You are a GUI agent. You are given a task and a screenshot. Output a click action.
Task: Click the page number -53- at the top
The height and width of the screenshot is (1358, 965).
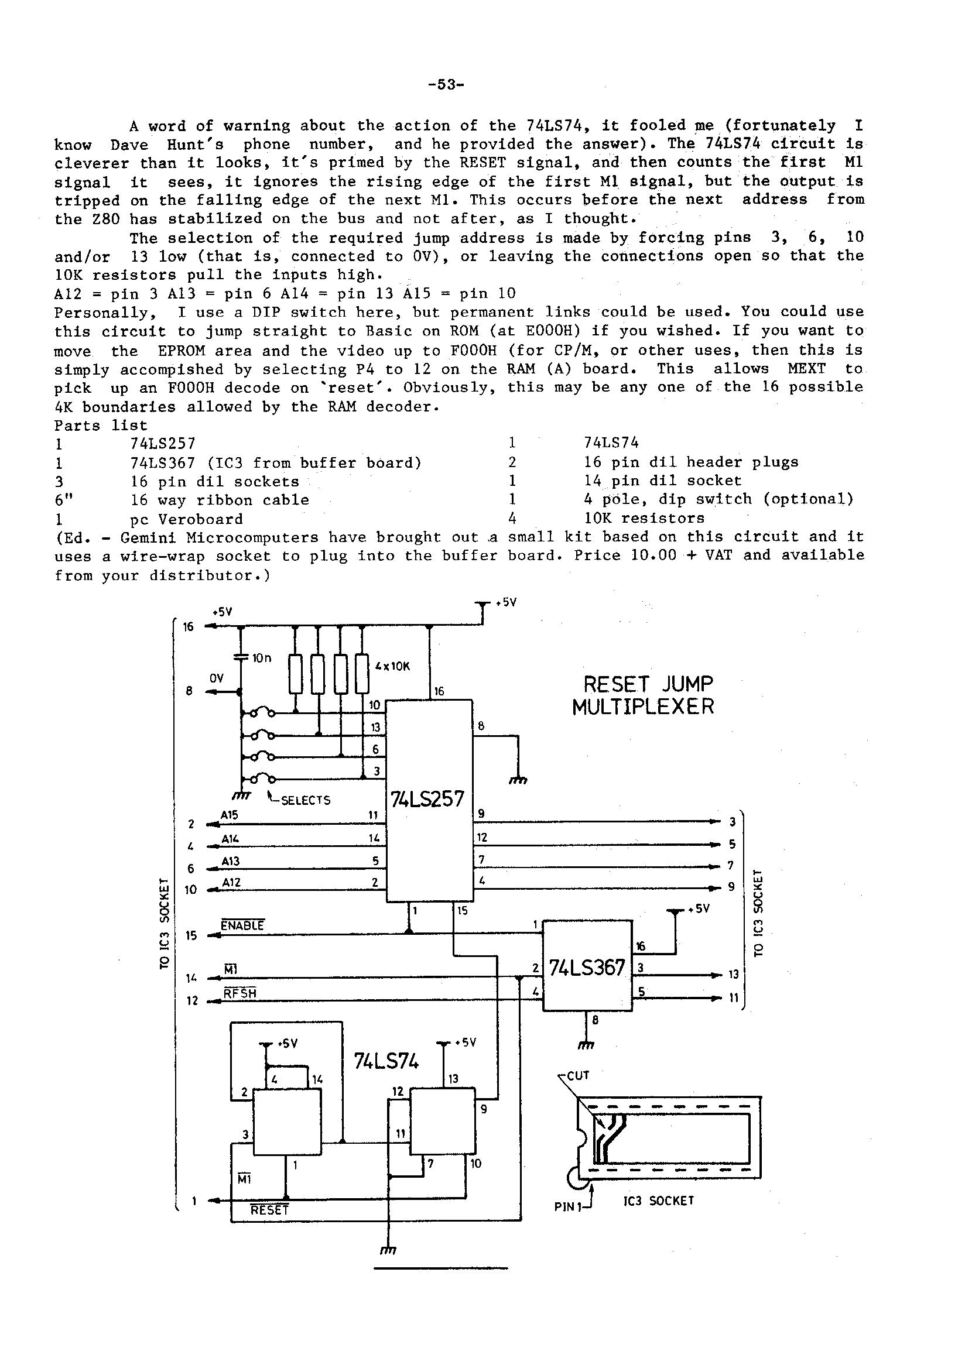click(445, 85)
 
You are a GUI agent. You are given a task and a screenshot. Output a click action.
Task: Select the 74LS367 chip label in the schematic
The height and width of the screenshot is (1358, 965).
click(587, 968)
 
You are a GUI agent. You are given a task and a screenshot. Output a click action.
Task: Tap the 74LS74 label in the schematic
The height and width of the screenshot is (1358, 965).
click(386, 1061)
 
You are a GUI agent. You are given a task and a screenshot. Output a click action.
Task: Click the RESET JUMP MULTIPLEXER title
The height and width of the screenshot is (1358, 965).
click(643, 695)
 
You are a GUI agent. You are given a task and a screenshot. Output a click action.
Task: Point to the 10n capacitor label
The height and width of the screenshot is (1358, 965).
click(262, 657)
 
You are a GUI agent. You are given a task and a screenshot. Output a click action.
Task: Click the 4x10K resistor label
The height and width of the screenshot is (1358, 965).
click(393, 667)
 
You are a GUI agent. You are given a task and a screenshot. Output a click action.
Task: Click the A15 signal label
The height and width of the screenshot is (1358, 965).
click(230, 815)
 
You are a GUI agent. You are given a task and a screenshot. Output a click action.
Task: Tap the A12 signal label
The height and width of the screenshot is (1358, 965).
click(231, 883)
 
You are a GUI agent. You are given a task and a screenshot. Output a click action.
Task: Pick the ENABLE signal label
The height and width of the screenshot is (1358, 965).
click(242, 925)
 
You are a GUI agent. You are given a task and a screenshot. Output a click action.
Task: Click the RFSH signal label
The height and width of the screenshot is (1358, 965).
click(240, 993)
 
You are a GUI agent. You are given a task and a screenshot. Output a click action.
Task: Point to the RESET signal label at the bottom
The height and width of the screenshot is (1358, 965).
click(269, 1210)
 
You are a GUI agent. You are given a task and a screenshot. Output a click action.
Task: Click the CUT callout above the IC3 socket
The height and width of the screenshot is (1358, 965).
click(577, 1076)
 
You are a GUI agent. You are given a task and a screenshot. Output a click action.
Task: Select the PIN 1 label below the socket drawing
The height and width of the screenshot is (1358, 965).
click(565, 1207)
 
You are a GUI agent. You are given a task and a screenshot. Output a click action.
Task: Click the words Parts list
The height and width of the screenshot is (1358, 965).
click(100, 426)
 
